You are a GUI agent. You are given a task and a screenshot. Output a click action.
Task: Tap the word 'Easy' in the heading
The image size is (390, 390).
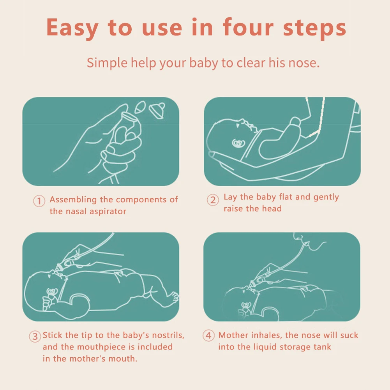(x=72, y=28)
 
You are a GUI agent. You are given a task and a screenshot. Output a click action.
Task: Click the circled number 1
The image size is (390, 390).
(x=39, y=201)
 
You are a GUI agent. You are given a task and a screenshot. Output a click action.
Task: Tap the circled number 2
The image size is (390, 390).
(x=213, y=200)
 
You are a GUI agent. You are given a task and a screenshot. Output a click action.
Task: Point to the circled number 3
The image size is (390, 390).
(x=35, y=337)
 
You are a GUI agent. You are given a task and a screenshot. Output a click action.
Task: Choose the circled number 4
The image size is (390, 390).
(x=208, y=335)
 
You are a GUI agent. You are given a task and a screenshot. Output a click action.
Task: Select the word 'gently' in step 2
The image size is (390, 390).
(x=326, y=197)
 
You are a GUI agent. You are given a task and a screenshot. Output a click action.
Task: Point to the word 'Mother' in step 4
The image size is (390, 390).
(x=233, y=335)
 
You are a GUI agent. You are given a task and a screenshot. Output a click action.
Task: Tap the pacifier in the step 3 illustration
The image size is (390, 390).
(x=52, y=292)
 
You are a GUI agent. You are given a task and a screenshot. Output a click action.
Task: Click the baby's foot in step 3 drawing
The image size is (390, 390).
(x=173, y=297)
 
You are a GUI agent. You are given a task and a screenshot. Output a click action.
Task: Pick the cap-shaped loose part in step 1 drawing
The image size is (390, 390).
(x=157, y=110)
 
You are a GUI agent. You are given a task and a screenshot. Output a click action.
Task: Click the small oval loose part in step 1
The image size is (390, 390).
(x=140, y=107)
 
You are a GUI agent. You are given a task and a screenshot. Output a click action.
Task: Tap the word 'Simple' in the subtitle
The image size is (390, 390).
(x=107, y=63)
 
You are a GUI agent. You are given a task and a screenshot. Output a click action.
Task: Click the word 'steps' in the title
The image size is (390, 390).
(x=315, y=28)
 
